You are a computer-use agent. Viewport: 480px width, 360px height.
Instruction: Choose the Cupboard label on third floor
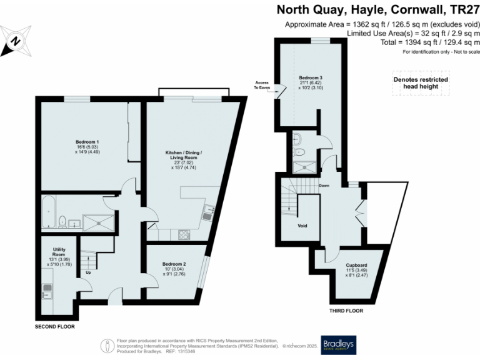point(356,269)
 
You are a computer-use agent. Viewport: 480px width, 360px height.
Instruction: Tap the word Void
point(302,225)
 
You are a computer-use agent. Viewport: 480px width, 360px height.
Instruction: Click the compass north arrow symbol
point(17,41)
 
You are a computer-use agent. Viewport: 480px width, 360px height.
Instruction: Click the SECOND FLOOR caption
point(56,326)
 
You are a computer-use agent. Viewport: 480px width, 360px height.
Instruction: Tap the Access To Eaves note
point(261,86)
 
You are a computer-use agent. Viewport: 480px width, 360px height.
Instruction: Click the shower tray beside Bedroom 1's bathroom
point(97,221)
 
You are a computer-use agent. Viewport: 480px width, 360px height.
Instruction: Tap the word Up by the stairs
point(88,272)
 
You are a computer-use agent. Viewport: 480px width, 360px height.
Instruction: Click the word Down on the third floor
point(324,186)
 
